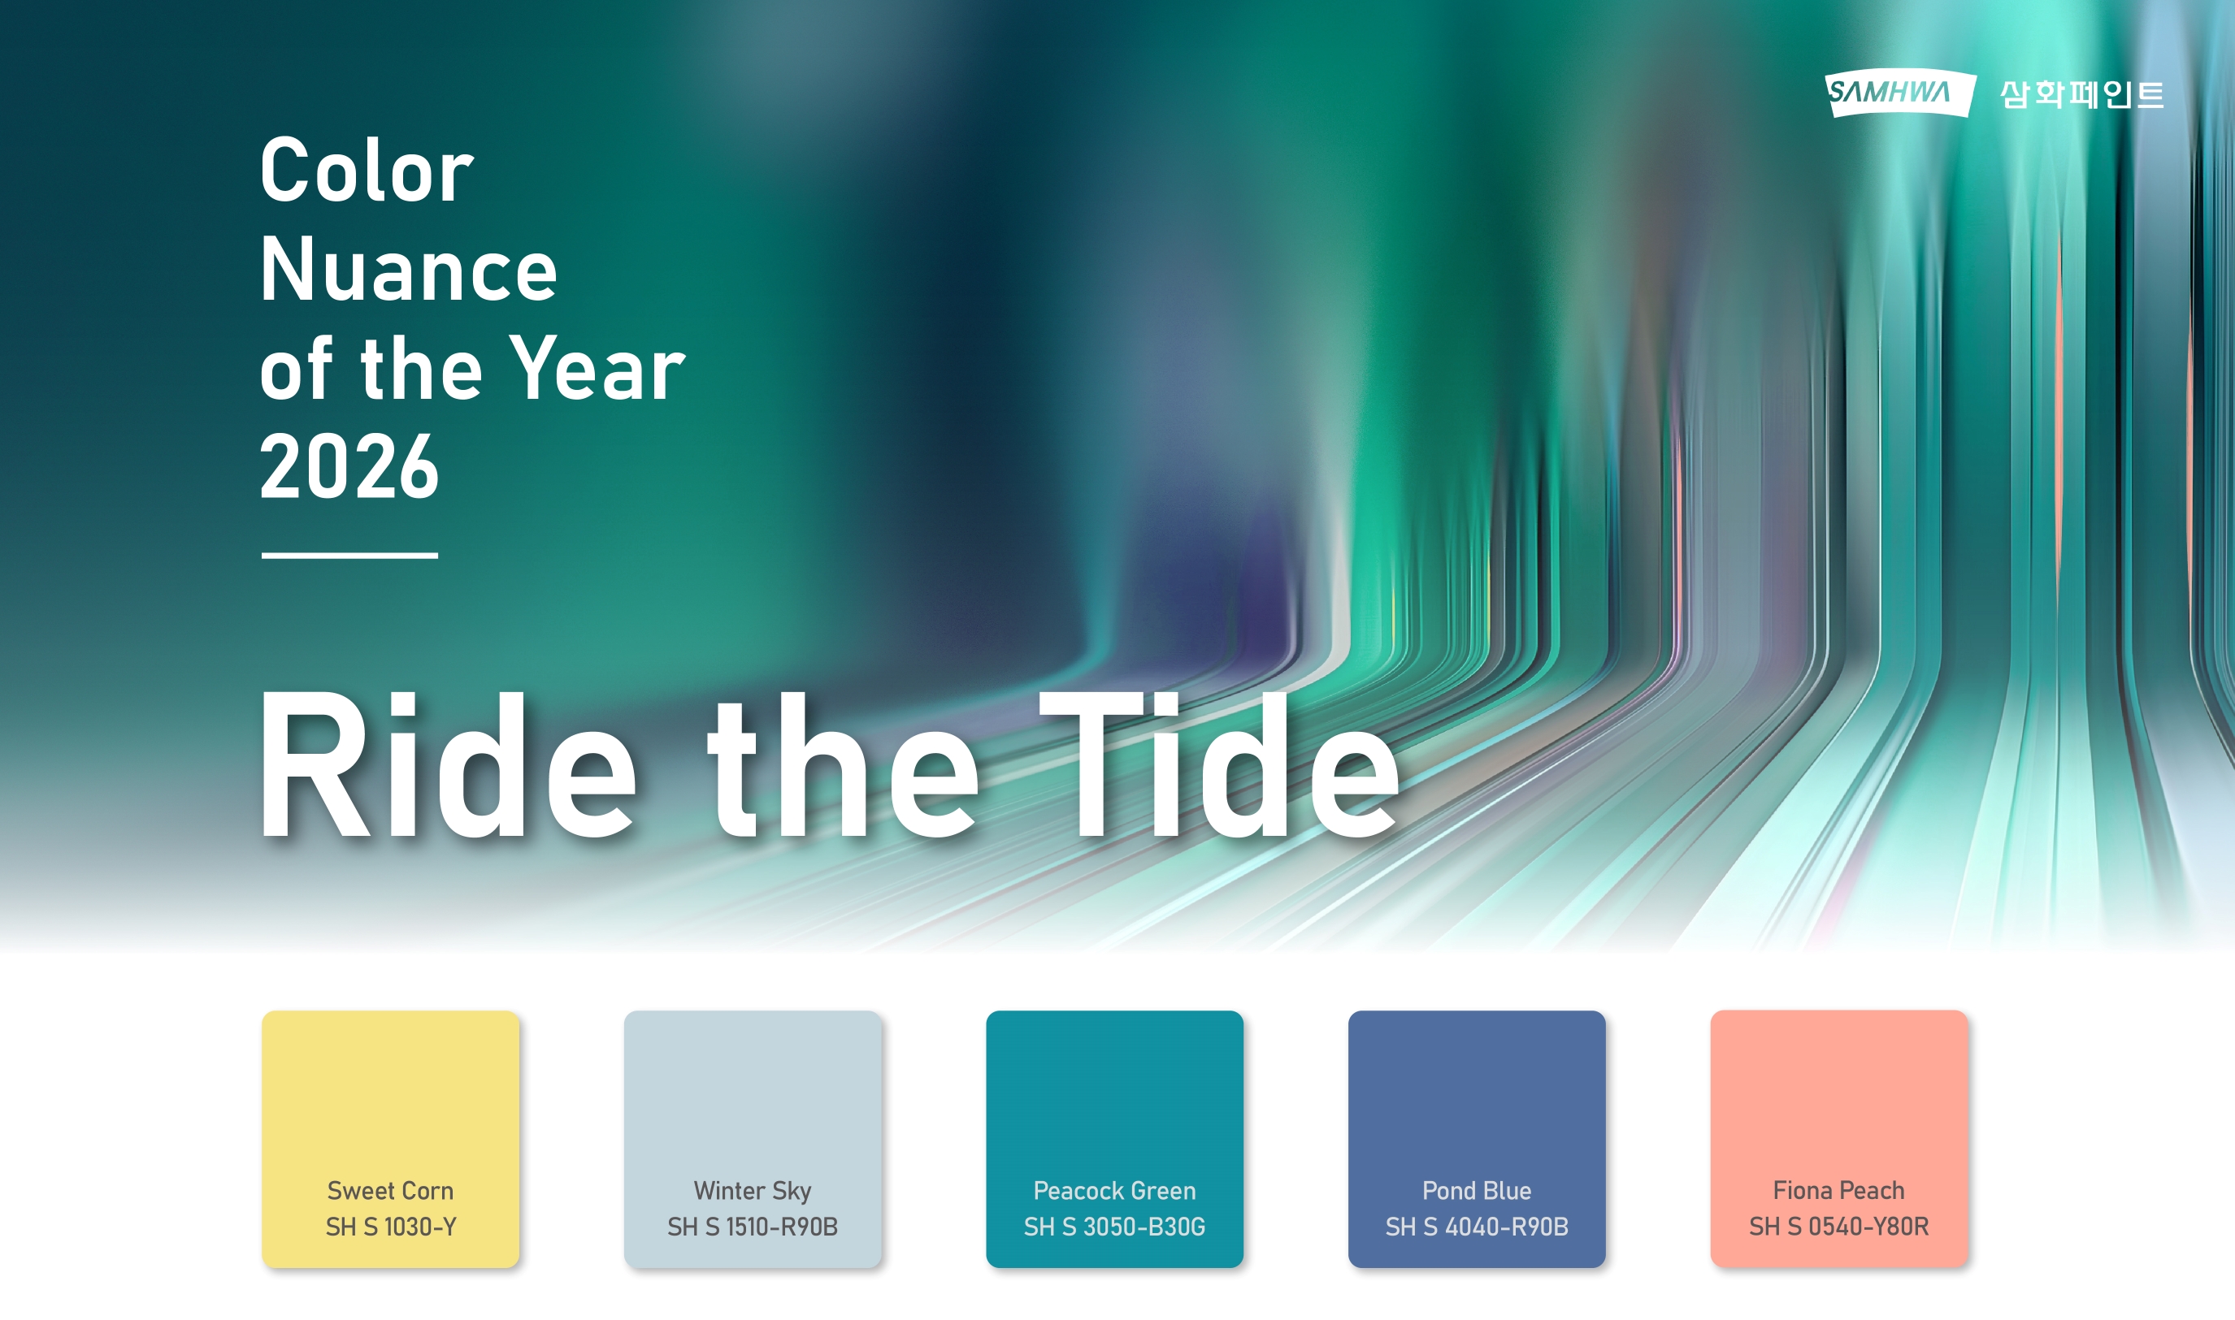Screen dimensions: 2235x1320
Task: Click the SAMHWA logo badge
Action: (1900, 93)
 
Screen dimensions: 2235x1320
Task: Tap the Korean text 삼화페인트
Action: (2082, 94)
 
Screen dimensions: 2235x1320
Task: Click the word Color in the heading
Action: (367, 170)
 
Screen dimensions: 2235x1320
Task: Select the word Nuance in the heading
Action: (408, 270)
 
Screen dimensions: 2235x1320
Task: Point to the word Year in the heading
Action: (597, 369)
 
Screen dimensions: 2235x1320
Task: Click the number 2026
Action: (349, 467)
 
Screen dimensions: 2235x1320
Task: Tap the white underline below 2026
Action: (349, 555)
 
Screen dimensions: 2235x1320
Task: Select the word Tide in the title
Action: (1220, 767)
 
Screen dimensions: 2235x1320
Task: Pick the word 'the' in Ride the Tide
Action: (843, 767)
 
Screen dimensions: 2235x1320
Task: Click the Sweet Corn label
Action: (391, 1190)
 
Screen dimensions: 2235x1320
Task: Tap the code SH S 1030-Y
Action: (391, 1227)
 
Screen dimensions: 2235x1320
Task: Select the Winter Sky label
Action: (753, 1191)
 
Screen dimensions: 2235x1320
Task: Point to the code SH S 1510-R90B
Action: (753, 1227)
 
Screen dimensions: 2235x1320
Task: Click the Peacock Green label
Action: (1115, 1190)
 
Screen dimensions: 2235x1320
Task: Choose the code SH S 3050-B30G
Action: (1115, 1227)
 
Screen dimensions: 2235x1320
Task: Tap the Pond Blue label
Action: (1477, 1190)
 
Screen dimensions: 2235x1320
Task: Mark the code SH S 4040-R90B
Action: (1477, 1227)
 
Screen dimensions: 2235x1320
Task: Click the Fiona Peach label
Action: (1839, 1190)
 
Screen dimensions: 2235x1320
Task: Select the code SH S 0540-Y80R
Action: (1839, 1227)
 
